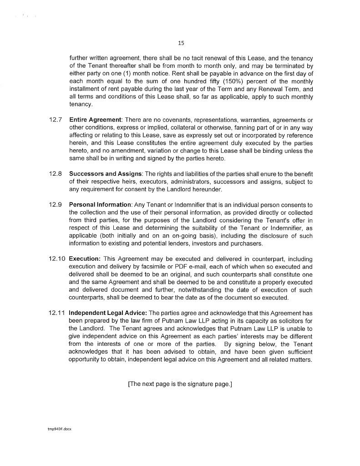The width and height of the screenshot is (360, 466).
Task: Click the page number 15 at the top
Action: (181, 43)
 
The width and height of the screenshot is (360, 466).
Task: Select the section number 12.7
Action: (56, 120)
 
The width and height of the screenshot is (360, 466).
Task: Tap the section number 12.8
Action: (56, 174)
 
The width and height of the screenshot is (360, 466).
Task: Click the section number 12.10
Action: (57, 258)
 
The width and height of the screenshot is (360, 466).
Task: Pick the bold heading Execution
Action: (84, 258)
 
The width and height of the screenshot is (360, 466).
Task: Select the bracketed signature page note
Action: (180, 384)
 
